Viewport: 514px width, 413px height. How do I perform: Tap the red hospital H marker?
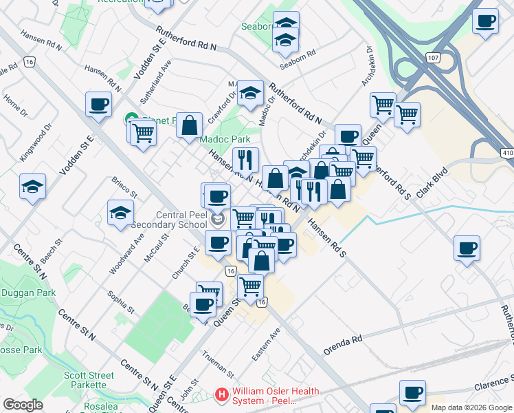222,395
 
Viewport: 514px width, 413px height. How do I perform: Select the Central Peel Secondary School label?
168,219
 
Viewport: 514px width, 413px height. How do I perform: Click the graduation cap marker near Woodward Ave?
120,212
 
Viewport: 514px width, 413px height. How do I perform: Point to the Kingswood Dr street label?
36,142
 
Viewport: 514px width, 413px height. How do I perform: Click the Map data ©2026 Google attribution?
471,407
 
